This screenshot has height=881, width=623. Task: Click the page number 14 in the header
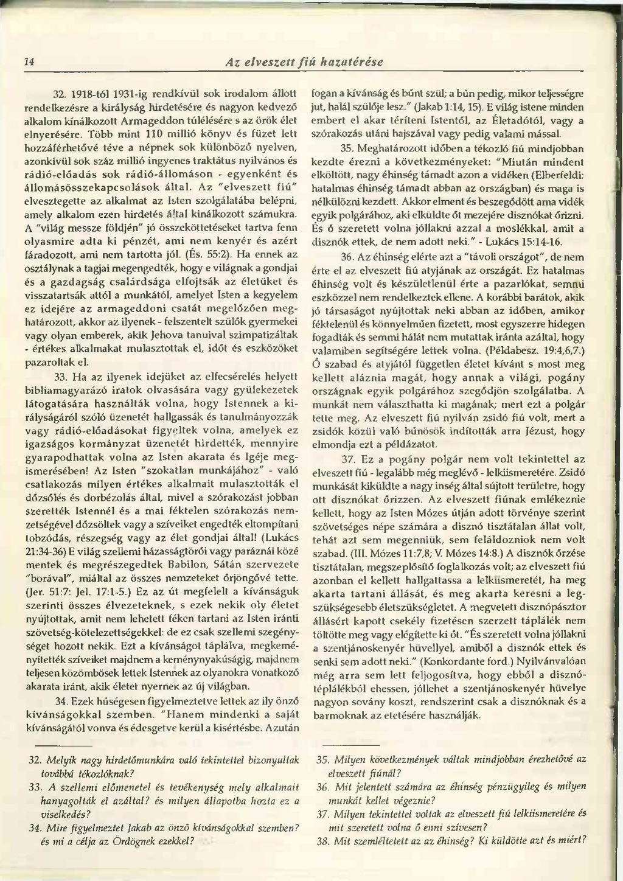28,61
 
